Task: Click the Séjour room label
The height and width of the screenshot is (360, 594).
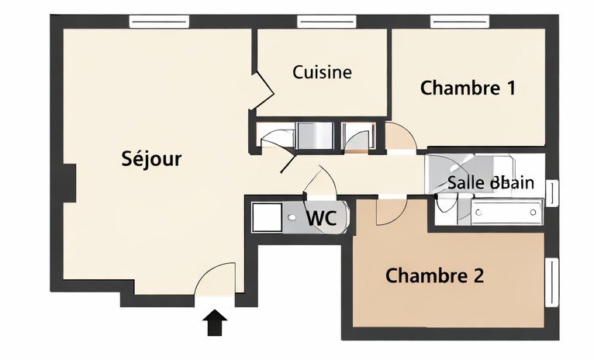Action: [x=151, y=159]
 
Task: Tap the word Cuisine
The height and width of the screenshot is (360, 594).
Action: [x=322, y=72]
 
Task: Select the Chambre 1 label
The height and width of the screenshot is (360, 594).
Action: [x=468, y=88]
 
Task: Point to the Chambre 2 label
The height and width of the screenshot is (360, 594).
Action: [x=435, y=275]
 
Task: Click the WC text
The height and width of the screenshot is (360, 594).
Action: [x=321, y=219]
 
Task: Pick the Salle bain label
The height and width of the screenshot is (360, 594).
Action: [x=490, y=183]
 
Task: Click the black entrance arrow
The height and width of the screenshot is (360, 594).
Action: [x=216, y=322]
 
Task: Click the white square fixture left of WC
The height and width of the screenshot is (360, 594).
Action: [x=267, y=216]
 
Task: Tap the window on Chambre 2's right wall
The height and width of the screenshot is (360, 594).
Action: [x=553, y=282]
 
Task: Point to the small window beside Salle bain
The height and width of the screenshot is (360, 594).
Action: [x=552, y=193]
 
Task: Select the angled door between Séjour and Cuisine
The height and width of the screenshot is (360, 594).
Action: [x=264, y=89]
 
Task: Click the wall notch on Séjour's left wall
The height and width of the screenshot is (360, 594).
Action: [x=70, y=183]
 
